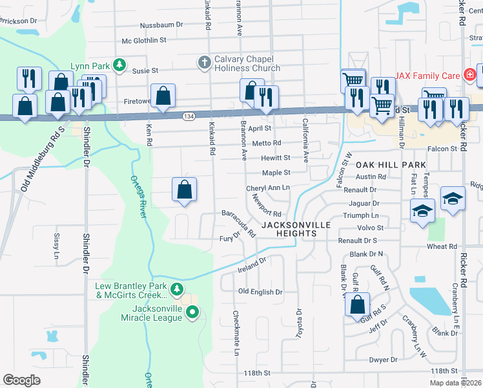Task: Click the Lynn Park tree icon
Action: click(119, 65)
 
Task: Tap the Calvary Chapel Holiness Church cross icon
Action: click(204, 63)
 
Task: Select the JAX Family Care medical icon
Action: click(470, 76)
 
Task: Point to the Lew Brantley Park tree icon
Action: click(176, 288)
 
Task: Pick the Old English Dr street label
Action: click(260, 292)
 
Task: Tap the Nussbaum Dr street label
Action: click(162, 26)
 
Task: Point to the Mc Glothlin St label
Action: click(144, 40)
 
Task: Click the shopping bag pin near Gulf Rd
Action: click(357, 304)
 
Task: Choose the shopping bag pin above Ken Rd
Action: click(163, 96)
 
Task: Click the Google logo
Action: click(22, 380)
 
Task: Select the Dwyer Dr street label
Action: click(384, 360)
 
